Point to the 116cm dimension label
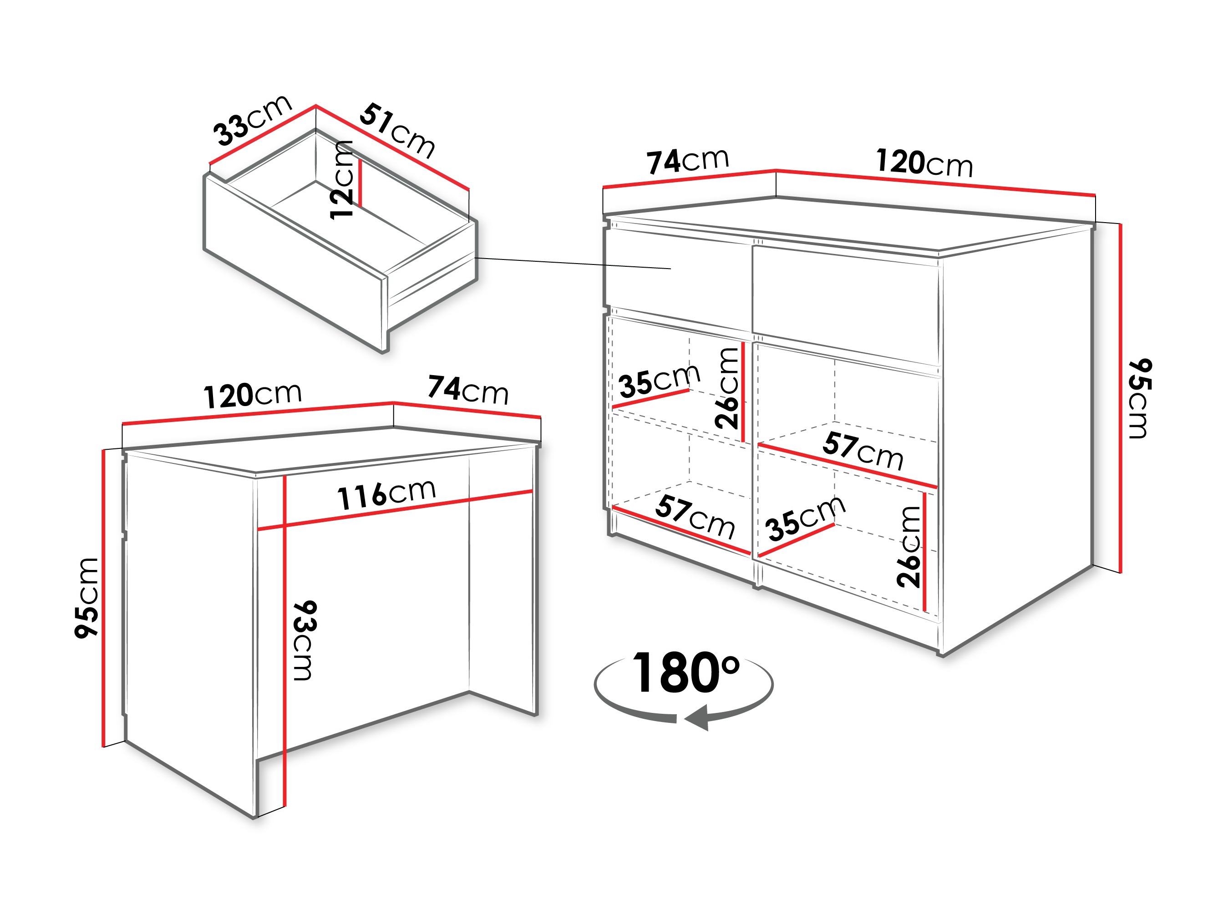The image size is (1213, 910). coord(386,493)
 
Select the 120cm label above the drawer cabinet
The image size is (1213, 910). coord(924,163)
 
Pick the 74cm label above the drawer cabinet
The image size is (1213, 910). coord(688,161)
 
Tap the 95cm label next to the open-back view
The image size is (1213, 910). coord(86,597)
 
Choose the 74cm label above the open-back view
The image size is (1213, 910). coord(468,390)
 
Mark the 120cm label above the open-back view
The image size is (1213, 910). coord(253,395)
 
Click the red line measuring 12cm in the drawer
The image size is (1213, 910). coord(360,183)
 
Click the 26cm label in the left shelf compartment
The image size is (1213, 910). coord(727,388)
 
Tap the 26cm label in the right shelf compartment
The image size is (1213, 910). coord(908,546)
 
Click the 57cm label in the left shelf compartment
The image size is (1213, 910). coord(695,516)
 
